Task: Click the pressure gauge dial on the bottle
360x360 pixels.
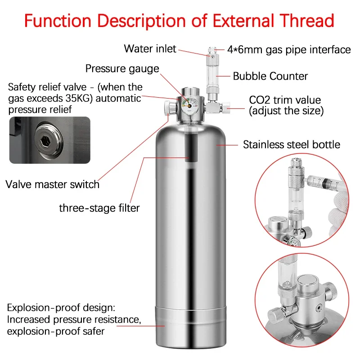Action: point(189,106)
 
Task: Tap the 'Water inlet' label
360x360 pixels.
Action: point(150,49)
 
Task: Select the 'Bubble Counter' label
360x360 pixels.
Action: point(270,76)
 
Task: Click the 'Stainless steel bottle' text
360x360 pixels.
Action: point(292,144)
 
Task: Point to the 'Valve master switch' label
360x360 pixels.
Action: point(52,184)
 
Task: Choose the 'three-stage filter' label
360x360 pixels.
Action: point(99,208)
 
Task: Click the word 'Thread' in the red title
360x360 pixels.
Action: point(306,21)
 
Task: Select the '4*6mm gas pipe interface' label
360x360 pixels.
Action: point(289,49)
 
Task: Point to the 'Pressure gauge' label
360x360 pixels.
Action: point(122,68)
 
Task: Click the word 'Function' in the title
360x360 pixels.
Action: point(58,21)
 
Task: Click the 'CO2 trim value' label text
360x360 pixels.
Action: point(285,100)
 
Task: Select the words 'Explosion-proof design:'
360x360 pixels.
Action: point(61,308)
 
